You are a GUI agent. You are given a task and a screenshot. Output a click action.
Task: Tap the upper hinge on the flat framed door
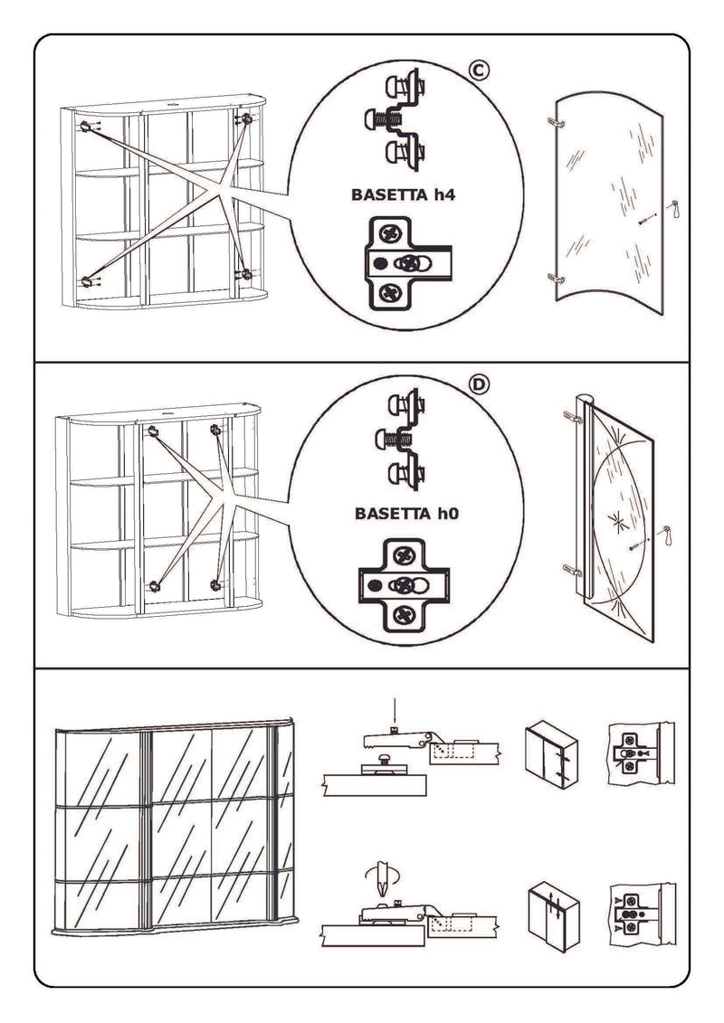click(572, 416)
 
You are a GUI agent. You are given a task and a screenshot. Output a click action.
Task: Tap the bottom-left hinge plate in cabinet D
click(155, 585)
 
